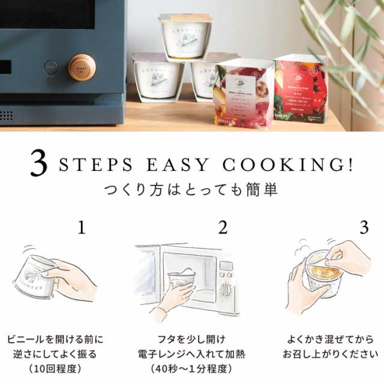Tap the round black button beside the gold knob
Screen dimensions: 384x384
51,67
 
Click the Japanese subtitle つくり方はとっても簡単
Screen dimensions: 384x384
191,192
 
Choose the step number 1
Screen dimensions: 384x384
82,227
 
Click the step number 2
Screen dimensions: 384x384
223,227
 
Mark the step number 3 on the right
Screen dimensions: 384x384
364,227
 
